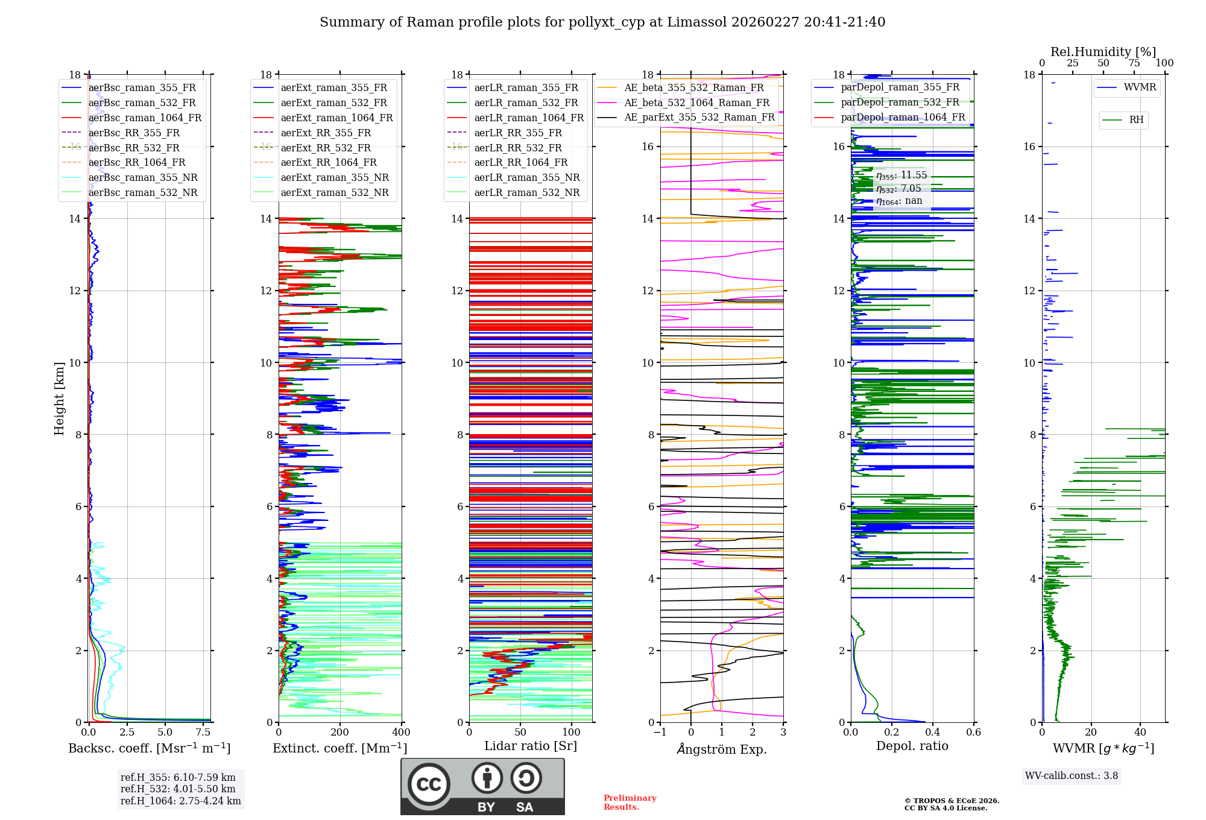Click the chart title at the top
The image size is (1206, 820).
tap(602, 22)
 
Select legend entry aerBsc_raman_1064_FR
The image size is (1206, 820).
tap(145, 118)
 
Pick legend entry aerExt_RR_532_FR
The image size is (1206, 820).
tap(326, 148)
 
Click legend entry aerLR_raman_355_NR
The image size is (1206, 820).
tap(526, 177)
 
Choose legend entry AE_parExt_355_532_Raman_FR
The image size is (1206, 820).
tap(699, 117)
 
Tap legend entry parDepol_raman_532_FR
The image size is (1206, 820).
tap(900, 102)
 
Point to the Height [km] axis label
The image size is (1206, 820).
tap(59, 398)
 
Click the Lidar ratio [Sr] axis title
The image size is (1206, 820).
tap(531, 746)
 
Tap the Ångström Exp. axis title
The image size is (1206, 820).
tap(722, 749)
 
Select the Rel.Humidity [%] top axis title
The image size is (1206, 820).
tap(1103, 52)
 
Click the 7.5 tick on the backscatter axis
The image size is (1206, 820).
tap(203, 733)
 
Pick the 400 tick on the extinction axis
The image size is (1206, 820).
tap(401, 733)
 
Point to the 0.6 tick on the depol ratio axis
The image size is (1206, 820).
tap(973, 733)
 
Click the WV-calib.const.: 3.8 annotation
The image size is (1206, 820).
tap(1072, 776)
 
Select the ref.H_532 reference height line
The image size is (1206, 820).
tap(178, 789)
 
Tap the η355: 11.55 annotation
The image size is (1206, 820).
tap(901, 175)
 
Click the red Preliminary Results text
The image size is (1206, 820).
tap(630, 802)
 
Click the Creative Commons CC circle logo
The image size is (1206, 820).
tap(429, 784)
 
